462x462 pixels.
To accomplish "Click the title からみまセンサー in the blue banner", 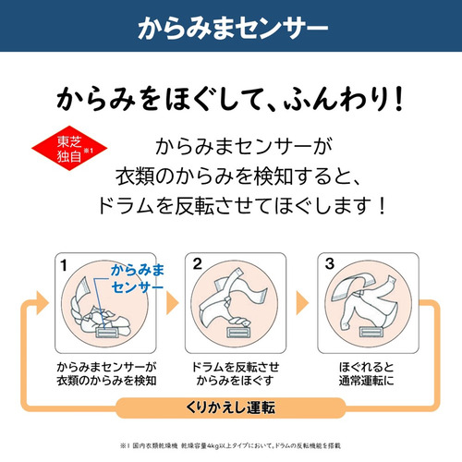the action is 233,28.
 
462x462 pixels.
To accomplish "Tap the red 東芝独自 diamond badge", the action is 69,148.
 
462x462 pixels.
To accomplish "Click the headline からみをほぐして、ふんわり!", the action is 230,99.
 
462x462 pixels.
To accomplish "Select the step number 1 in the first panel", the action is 64,265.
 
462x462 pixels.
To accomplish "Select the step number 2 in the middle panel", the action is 197,264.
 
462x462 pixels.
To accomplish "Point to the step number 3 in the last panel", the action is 330,264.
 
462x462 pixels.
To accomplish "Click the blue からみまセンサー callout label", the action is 138,278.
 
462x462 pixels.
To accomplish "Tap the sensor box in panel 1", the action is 106,333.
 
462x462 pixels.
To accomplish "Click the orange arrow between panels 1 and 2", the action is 172,303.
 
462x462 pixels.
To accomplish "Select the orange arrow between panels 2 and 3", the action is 302,303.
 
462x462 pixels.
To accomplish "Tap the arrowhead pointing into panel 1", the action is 43,303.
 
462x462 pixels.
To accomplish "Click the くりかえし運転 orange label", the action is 230,407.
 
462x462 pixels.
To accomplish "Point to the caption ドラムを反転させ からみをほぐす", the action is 235,373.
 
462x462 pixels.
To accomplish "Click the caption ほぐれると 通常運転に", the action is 367,373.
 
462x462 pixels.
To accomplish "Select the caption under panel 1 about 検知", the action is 106,373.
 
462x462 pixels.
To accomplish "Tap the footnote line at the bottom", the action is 230,445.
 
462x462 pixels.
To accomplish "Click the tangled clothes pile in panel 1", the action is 100,311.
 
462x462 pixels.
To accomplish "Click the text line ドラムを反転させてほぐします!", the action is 241,206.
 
